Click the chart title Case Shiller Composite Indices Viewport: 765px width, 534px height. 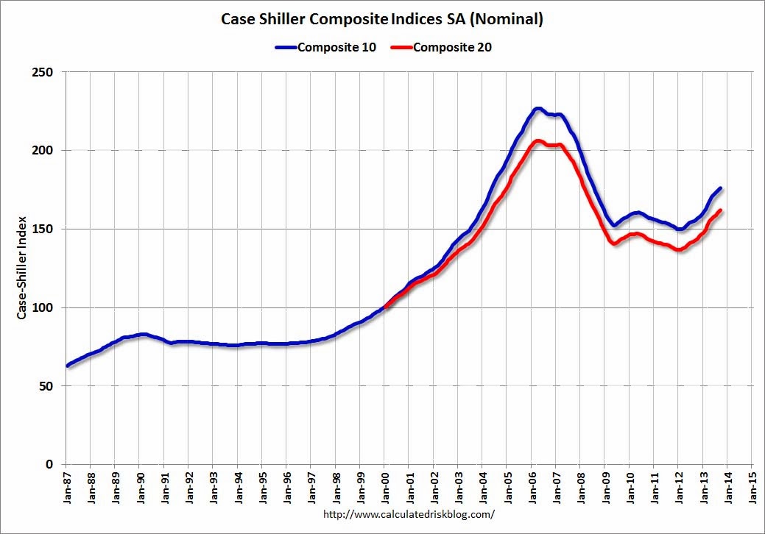pos(382,19)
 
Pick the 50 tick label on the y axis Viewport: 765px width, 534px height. pos(47,386)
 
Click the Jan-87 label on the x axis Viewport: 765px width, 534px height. pos(66,486)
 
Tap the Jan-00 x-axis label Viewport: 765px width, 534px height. pos(384,486)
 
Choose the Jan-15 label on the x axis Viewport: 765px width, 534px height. pos(752,486)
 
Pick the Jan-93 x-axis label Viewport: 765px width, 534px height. pos(213,486)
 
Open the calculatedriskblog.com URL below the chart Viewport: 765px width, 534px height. pos(409,515)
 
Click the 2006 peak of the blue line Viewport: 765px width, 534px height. pos(537,109)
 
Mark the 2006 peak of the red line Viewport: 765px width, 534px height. pos(537,141)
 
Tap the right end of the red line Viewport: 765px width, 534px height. pos(719,210)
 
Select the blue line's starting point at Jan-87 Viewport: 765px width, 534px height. pos(67,366)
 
